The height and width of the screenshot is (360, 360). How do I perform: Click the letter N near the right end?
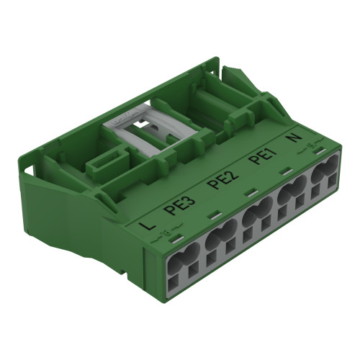[x=296, y=138]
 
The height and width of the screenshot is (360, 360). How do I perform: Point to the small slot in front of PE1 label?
[x=251, y=194]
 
